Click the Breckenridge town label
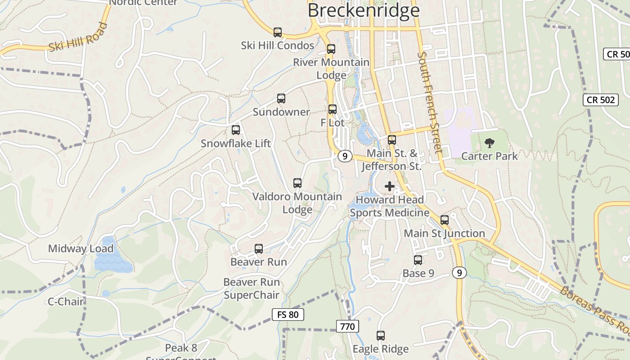[x=364, y=10]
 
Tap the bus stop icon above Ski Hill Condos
[x=278, y=32]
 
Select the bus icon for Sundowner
[x=281, y=99]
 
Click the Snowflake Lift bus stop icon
[x=236, y=130]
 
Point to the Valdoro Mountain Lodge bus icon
[x=297, y=183]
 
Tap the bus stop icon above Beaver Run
[x=259, y=249]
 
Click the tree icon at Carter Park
[x=489, y=144]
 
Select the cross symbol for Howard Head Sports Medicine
[x=390, y=186]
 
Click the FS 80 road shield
[x=288, y=315]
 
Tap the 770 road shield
[x=347, y=326]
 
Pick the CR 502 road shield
[x=601, y=100]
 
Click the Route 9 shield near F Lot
[x=345, y=156]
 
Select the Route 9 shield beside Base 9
[x=459, y=272]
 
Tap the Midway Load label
[x=81, y=248]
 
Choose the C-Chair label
[x=66, y=301]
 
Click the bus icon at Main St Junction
[x=445, y=220]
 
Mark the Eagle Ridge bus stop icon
[x=381, y=336]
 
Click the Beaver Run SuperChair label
[x=252, y=289]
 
